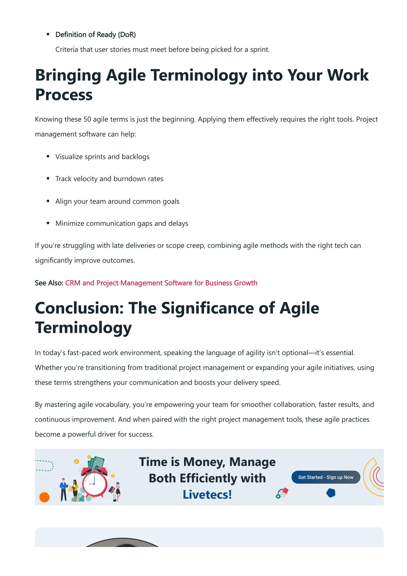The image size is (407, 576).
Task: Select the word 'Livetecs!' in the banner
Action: [x=207, y=495]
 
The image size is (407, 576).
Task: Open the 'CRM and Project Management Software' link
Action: [x=161, y=283]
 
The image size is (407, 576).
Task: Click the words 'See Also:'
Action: [x=49, y=283]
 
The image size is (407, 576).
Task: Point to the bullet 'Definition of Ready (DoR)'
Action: [x=96, y=35]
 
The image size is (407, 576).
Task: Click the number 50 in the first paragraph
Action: [x=87, y=119]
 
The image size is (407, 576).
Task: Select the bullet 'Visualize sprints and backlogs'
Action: [x=102, y=157]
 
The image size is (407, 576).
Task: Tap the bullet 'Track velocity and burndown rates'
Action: [x=109, y=179]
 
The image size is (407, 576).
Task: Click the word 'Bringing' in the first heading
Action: [x=68, y=75]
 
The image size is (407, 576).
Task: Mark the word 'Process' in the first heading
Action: [x=64, y=95]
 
